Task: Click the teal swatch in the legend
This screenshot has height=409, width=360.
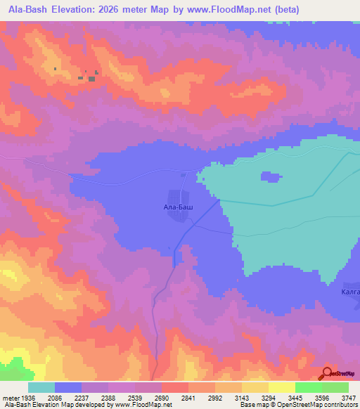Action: pos(41,387)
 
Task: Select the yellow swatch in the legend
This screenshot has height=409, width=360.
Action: pos(281,387)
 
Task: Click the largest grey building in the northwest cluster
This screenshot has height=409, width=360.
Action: pos(91,78)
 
